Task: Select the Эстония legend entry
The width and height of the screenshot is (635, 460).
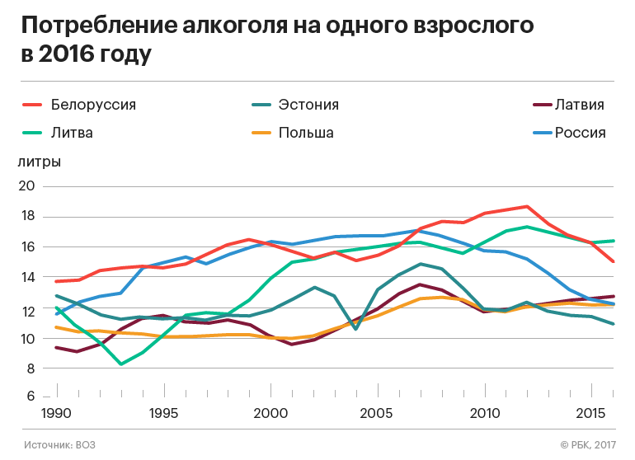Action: pos(308,105)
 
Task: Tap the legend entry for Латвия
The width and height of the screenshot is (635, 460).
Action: pos(580,105)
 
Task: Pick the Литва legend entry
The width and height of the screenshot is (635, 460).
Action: pos(72,133)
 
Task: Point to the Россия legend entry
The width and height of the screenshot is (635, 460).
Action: pos(580,133)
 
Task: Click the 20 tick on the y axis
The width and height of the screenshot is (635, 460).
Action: pos(26,186)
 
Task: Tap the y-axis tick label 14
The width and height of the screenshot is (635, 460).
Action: pos(26,278)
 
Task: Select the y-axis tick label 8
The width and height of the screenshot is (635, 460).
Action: pos(30,369)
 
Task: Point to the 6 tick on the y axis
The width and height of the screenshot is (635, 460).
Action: pos(30,397)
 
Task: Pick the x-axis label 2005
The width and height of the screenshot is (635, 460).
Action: pos(377,411)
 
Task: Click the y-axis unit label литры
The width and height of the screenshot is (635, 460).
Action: pos(39,162)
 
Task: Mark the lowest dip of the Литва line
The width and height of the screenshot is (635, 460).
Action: pos(121,364)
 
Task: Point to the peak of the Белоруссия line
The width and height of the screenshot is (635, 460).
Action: pos(526,206)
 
